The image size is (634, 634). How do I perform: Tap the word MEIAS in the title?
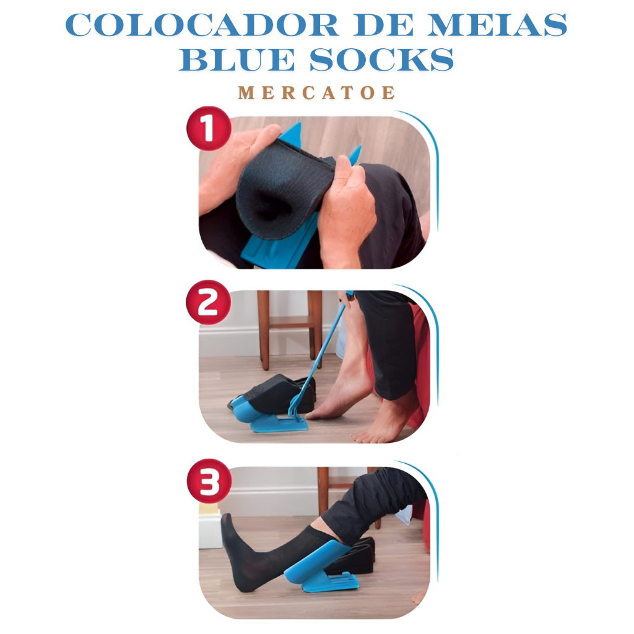tap(498, 25)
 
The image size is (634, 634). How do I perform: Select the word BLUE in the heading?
tap(237, 60)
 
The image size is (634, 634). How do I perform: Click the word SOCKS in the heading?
tap(381, 60)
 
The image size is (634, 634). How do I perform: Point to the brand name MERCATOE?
tap(316, 93)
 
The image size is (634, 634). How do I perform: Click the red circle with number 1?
tap(209, 129)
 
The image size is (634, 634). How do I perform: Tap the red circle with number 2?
tap(209, 302)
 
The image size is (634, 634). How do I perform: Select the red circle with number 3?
tap(209, 482)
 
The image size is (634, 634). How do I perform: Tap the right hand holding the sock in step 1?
tap(348, 214)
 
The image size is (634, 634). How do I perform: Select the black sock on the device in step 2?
tap(279, 394)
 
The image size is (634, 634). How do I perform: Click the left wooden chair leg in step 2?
tap(263, 329)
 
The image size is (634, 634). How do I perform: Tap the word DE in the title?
tap(383, 25)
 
